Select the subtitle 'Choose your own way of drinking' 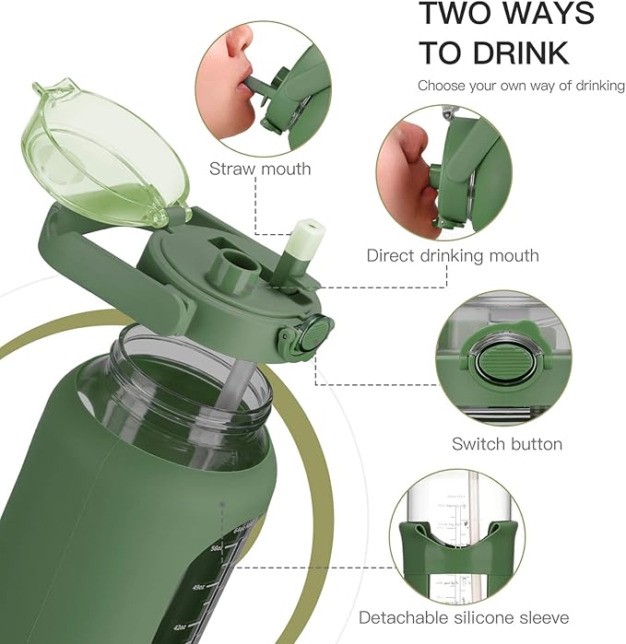point(521,86)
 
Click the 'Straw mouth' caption point(260,169)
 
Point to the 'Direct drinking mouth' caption point(453,255)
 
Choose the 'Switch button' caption point(506,444)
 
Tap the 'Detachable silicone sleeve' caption point(464,617)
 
